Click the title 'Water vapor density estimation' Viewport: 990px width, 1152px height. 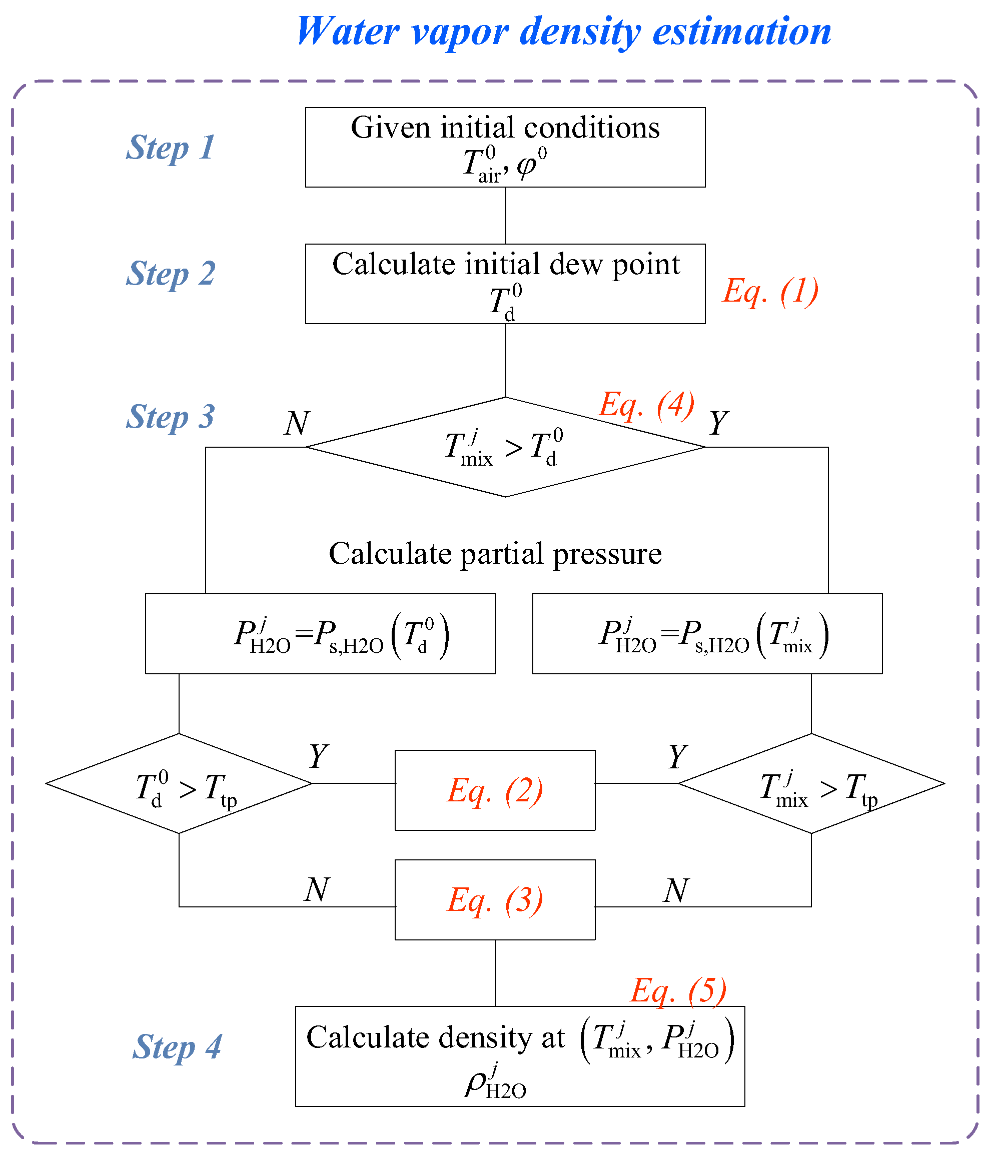click(563, 32)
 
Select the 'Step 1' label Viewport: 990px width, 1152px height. click(170, 148)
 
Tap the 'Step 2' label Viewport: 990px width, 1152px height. click(170, 274)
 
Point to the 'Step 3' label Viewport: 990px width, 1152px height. click(170, 417)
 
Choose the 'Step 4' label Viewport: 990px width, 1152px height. click(177, 1047)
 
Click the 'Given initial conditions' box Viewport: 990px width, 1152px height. click(505, 148)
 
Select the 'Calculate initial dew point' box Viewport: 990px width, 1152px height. click(505, 284)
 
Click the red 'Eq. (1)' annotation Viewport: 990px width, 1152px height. click(770, 291)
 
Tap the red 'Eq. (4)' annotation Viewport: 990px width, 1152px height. click(646, 405)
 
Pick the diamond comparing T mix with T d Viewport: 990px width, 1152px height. click(505, 447)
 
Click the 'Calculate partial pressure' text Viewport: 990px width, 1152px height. click(495, 554)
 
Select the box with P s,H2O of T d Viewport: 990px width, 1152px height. click(320, 634)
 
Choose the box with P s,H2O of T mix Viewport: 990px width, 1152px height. click(707, 634)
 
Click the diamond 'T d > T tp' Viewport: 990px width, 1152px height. click(179, 783)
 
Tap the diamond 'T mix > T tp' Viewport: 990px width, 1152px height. click(811, 783)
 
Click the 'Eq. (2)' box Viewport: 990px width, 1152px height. click(495, 790)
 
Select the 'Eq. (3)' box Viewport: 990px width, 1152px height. click(495, 899)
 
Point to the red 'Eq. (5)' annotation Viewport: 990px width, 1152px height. click(678, 991)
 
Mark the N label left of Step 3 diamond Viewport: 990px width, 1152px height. click(297, 424)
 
